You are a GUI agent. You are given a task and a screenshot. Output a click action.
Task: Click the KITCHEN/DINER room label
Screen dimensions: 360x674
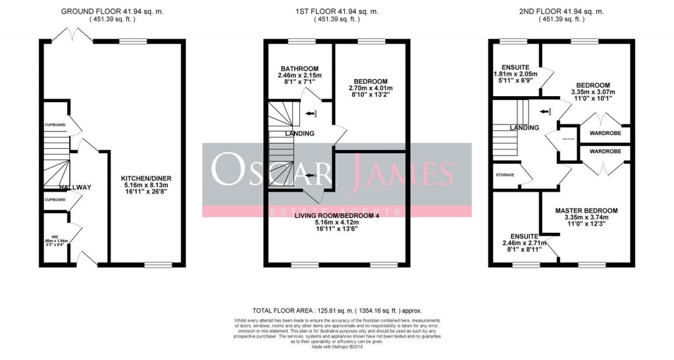(146, 178)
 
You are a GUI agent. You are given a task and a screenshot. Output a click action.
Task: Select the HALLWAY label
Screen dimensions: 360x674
(74, 188)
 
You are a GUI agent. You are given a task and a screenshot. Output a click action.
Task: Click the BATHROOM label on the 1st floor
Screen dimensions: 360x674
(299, 68)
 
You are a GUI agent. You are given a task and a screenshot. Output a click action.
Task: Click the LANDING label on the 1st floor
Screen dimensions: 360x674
(299, 134)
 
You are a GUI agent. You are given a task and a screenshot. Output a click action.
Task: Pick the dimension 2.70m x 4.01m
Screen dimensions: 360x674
(370, 88)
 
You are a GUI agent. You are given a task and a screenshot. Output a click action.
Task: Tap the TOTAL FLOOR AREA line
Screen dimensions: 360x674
(336, 311)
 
